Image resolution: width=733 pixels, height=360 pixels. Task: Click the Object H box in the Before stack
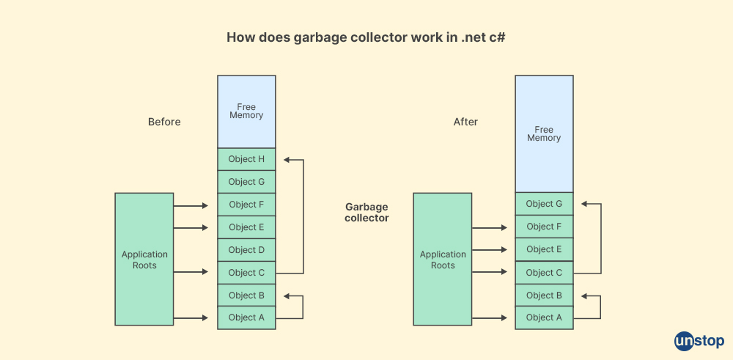(246, 159)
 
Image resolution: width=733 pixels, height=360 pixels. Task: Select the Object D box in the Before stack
(246, 250)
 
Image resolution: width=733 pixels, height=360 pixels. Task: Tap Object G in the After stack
(544, 204)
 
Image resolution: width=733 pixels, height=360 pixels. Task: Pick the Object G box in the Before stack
(246, 182)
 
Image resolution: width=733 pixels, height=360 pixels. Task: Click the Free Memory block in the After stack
(544, 133)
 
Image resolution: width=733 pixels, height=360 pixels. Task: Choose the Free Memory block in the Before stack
(246, 111)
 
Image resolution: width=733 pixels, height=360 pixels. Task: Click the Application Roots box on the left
(144, 260)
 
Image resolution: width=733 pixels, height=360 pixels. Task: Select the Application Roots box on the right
(443, 260)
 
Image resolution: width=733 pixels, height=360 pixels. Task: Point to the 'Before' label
(164, 122)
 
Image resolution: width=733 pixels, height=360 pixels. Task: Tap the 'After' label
(465, 122)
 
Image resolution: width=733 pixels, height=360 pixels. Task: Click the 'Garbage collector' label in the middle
(366, 213)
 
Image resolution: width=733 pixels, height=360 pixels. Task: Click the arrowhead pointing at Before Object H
(287, 159)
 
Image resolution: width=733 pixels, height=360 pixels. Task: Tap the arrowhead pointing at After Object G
(584, 204)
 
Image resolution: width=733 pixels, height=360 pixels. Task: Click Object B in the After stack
(544, 295)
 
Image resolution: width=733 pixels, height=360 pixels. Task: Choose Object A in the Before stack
(246, 317)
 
